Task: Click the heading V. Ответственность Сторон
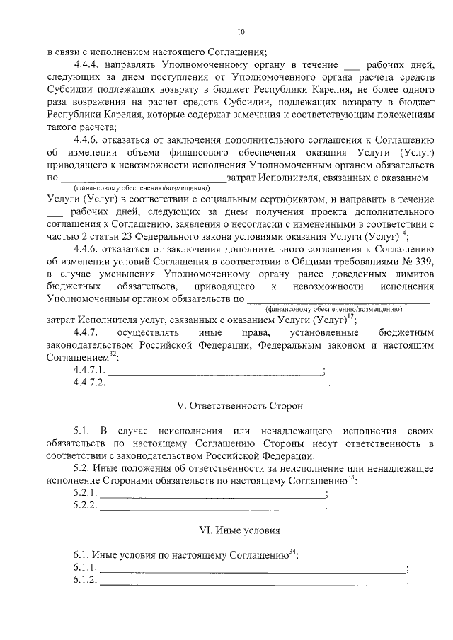[239, 407]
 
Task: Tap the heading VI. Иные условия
[240, 530]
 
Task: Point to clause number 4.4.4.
[88, 63]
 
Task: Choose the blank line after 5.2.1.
[212, 494]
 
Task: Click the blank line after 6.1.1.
[253, 569]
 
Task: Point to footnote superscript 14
[403, 233]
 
